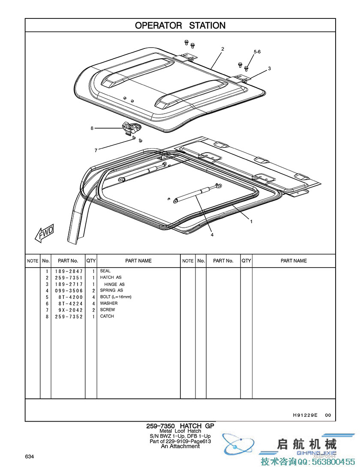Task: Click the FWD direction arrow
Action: [x=44, y=234]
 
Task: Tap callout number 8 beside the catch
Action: [x=92, y=128]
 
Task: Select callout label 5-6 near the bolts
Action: [x=257, y=52]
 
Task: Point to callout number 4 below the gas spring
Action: [x=212, y=235]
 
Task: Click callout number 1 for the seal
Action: [x=251, y=222]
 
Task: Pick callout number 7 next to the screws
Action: [x=96, y=150]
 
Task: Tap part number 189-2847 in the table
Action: [x=69, y=271]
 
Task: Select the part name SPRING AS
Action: [x=109, y=290]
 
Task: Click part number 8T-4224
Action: [x=69, y=304]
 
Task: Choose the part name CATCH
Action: [x=107, y=316]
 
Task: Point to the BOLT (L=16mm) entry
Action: [x=116, y=297]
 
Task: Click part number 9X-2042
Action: [x=69, y=310]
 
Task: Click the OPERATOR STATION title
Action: [x=180, y=26]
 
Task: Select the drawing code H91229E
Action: [x=305, y=415]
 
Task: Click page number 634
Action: [x=30, y=456]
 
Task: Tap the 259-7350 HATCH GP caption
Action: [x=180, y=426]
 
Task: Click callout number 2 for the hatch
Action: [x=222, y=49]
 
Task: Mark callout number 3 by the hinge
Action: [x=269, y=69]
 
